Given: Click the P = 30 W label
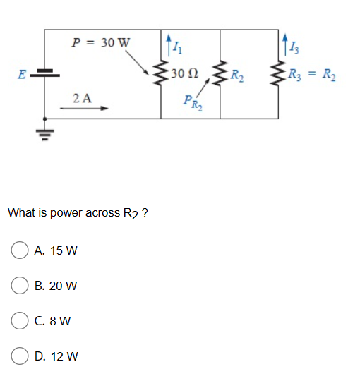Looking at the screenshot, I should pos(102,42).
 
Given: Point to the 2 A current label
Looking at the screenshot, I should pos(82,98).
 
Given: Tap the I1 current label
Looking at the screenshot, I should pos(177,48).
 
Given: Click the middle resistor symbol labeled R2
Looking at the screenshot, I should pos(221,73).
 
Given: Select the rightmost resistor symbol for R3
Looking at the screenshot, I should pos(277,73).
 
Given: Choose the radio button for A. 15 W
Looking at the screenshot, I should pos(20,250).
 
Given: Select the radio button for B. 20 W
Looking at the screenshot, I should pos(20,286).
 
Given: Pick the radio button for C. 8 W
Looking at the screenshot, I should pos(20,321).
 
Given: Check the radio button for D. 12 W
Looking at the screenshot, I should pos(20,356).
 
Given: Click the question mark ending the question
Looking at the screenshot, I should pos(145,212).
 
